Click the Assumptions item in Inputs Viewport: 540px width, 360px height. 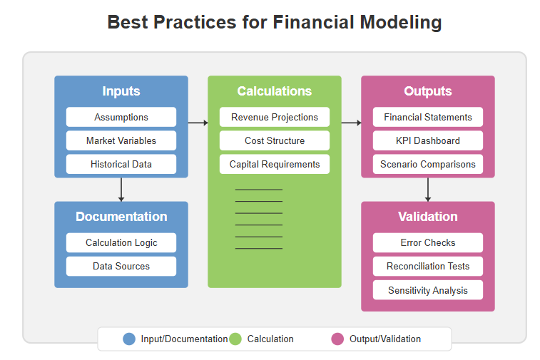tap(121, 117)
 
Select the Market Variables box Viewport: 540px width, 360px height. tap(121, 140)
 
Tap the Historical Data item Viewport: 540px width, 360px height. tap(121, 164)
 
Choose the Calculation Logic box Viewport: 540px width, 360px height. tap(121, 242)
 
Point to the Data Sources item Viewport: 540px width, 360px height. tap(121, 266)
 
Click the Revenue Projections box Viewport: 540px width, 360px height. tap(275, 117)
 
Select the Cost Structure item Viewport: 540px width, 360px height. tap(275, 140)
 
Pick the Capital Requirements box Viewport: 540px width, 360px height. tap(275, 164)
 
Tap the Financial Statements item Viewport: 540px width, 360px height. tap(428, 117)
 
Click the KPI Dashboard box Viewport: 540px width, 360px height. tap(428, 140)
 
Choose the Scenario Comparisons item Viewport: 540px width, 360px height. tap(428, 164)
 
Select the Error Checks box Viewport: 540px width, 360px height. tap(428, 242)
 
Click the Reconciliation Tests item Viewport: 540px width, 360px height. tap(428, 266)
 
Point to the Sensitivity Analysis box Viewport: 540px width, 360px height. tap(428, 290)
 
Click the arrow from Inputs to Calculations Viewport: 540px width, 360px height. tap(198, 123)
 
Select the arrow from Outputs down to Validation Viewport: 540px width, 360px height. tap(428, 189)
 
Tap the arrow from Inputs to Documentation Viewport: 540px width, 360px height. tap(121, 189)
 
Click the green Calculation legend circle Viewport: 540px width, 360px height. tap(235, 339)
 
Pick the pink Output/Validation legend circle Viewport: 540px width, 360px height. tap(337, 339)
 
